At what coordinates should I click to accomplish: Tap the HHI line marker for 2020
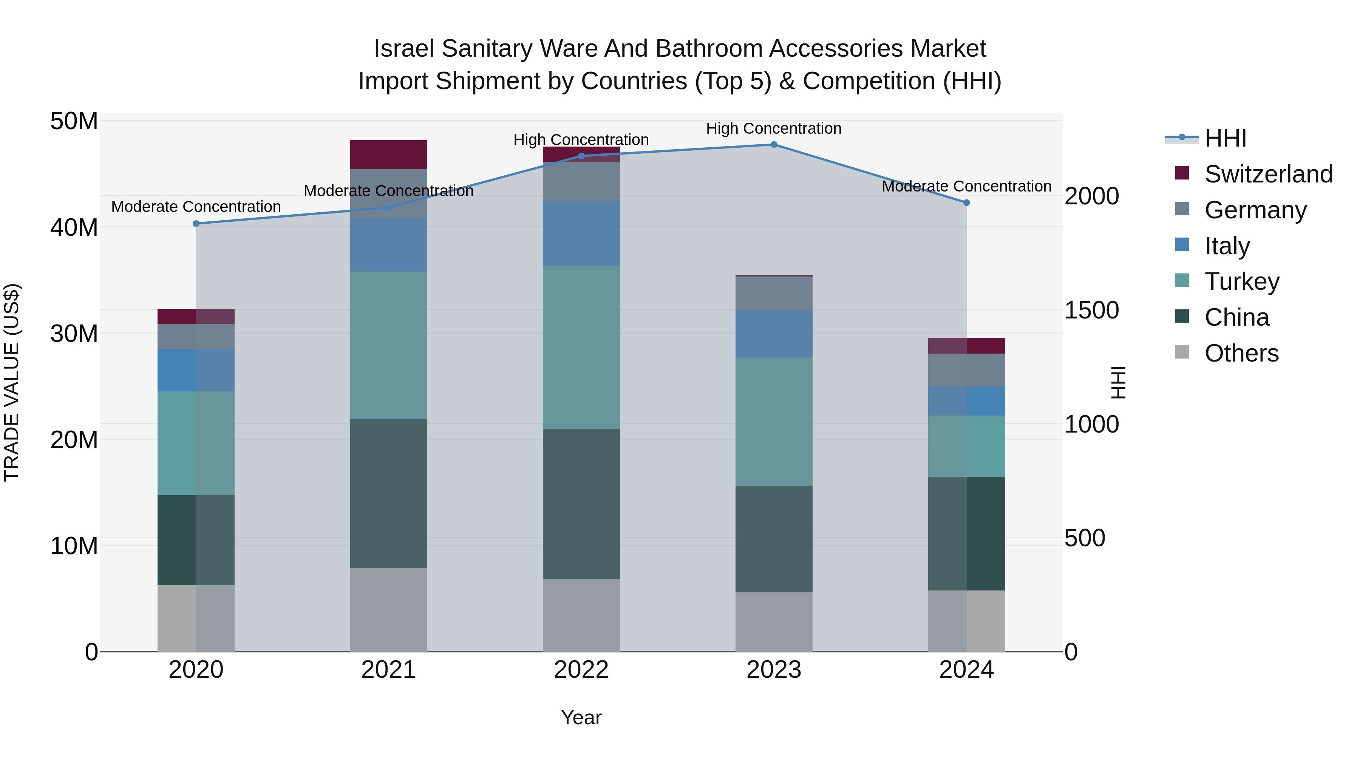click(x=196, y=224)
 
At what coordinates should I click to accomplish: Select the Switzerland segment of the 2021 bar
click(x=389, y=155)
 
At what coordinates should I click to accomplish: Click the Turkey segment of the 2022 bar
click(x=581, y=348)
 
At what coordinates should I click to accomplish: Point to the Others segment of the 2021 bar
click(x=389, y=609)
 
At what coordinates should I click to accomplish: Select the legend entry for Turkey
click(x=1242, y=281)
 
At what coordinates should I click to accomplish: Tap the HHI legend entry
click(x=1225, y=138)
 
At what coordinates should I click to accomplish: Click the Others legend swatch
click(x=1182, y=352)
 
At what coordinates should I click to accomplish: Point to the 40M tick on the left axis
click(x=74, y=227)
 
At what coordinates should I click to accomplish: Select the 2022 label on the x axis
click(x=581, y=670)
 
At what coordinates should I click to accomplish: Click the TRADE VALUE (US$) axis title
click(x=12, y=382)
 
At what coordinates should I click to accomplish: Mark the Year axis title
click(x=581, y=717)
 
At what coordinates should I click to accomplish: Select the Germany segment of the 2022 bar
click(x=581, y=182)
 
